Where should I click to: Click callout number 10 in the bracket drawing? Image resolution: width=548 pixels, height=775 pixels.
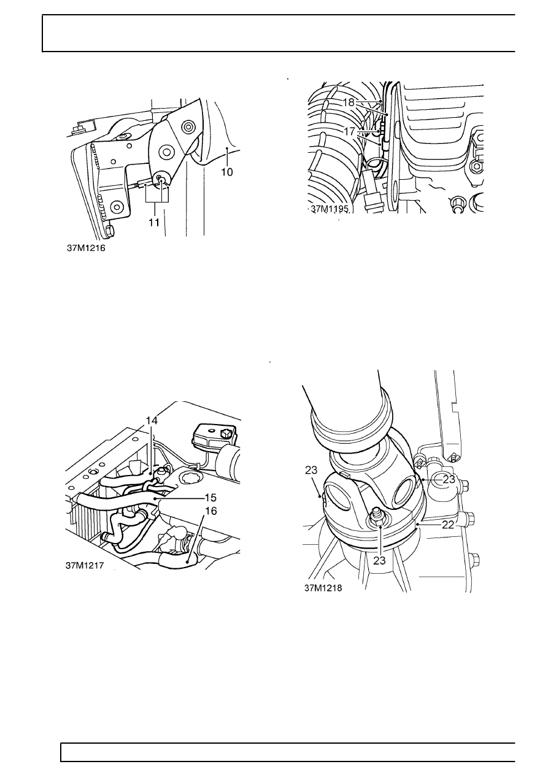point(227,172)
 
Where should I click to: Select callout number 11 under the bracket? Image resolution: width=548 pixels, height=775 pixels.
point(154,223)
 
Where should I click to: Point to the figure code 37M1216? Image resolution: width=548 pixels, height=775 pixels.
point(86,249)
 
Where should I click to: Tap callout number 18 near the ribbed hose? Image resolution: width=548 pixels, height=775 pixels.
point(349,102)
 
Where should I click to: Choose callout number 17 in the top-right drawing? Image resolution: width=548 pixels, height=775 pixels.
point(349,132)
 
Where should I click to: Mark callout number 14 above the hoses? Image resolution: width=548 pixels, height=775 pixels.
point(152,420)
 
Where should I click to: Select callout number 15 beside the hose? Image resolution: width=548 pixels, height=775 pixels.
point(210,498)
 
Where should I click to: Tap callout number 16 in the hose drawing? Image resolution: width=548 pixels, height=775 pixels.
point(211,511)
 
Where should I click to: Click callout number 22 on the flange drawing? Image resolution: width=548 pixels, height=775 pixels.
point(448,525)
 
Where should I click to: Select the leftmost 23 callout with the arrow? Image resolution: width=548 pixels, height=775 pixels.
point(311,470)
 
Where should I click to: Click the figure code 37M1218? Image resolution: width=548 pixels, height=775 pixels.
point(323,588)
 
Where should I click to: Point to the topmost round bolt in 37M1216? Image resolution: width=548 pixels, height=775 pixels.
point(189,126)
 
